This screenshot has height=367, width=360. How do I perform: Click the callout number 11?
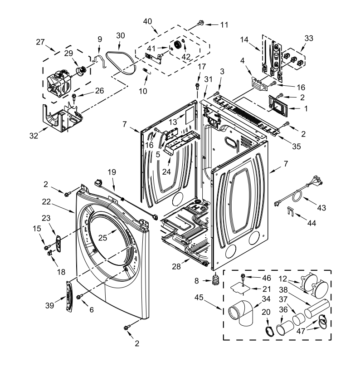tap(224, 24)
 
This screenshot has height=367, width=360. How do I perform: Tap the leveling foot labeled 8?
tap(216, 280)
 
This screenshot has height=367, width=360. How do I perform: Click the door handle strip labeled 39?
tap(68, 295)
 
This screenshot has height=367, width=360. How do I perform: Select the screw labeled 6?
tap(79, 297)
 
